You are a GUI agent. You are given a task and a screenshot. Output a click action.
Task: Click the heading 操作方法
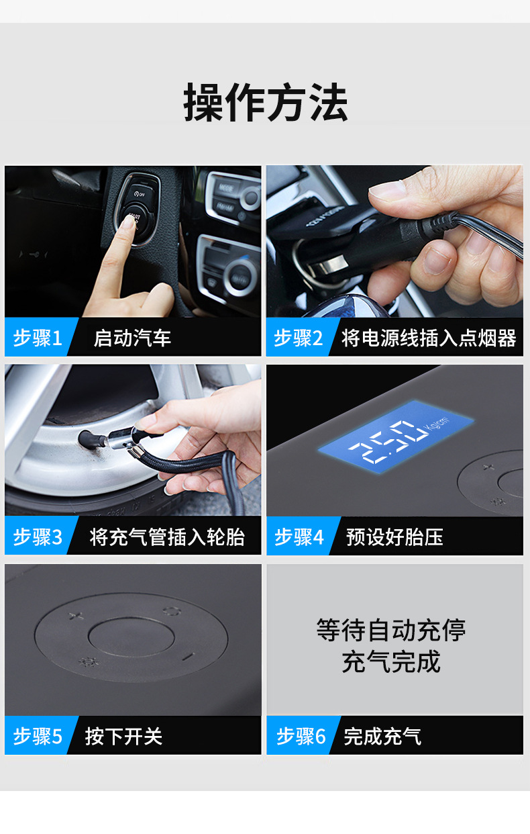tap(265, 103)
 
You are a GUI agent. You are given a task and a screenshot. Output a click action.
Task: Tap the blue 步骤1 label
tap(37, 338)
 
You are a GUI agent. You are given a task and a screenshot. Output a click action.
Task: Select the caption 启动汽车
tap(132, 338)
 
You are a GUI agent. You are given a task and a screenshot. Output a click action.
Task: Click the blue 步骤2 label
tap(298, 338)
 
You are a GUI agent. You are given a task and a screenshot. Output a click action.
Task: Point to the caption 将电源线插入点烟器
tap(429, 338)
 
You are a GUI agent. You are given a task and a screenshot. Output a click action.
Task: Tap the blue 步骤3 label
tap(37, 537)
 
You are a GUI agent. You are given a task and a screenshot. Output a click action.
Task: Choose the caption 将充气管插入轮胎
tap(167, 537)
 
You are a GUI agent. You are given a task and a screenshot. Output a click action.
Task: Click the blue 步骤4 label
tap(299, 537)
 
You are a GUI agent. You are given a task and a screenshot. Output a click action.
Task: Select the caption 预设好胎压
tap(394, 537)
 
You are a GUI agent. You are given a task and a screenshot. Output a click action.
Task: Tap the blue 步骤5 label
tap(37, 737)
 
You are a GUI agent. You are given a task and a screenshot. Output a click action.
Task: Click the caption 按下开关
tap(123, 737)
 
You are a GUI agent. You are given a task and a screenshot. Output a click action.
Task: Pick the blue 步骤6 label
tap(300, 737)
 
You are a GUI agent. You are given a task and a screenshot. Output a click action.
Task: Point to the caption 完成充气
tap(382, 737)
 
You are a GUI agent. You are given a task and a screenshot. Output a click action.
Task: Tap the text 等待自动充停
tap(391, 631)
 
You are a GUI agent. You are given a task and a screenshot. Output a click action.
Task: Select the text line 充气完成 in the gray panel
tap(391, 662)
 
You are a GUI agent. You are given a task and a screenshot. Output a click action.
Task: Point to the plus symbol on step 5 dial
tap(76, 616)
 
